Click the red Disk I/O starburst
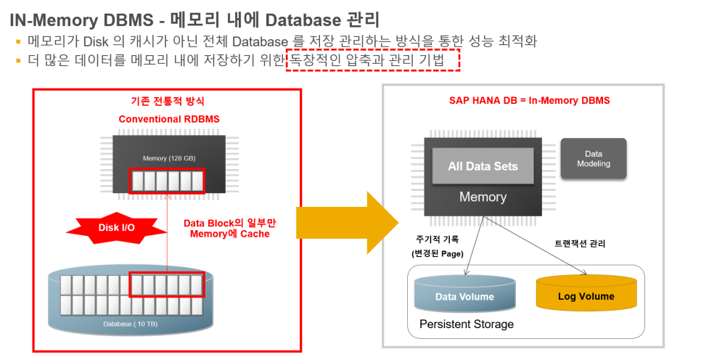point(117,227)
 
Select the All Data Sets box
point(483,166)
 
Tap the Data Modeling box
point(593,159)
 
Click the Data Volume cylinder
point(464,296)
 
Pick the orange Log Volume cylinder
point(586,296)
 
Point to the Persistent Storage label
point(467,324)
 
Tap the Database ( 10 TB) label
point(135,323)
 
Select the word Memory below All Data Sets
point(483,197)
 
